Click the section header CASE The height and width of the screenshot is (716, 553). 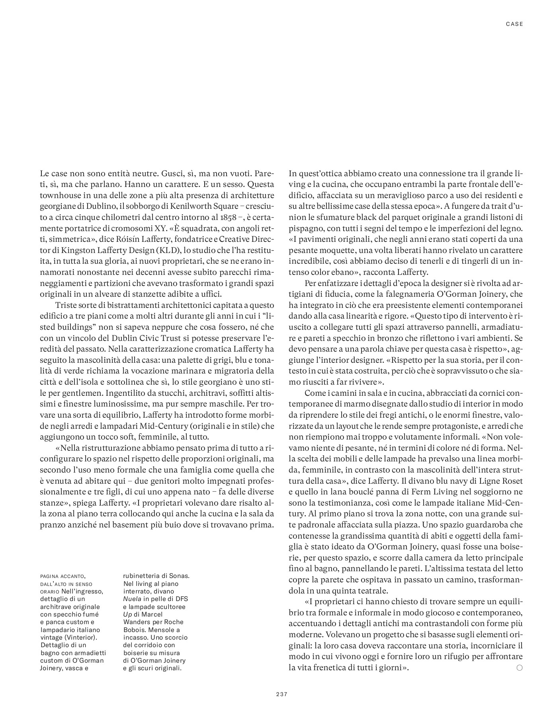pos(514,24)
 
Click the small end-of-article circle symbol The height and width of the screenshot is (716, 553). pos(519,668)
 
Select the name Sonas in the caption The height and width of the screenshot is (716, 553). pos(180,576)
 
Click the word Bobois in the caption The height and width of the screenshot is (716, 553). pos(134,629)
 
